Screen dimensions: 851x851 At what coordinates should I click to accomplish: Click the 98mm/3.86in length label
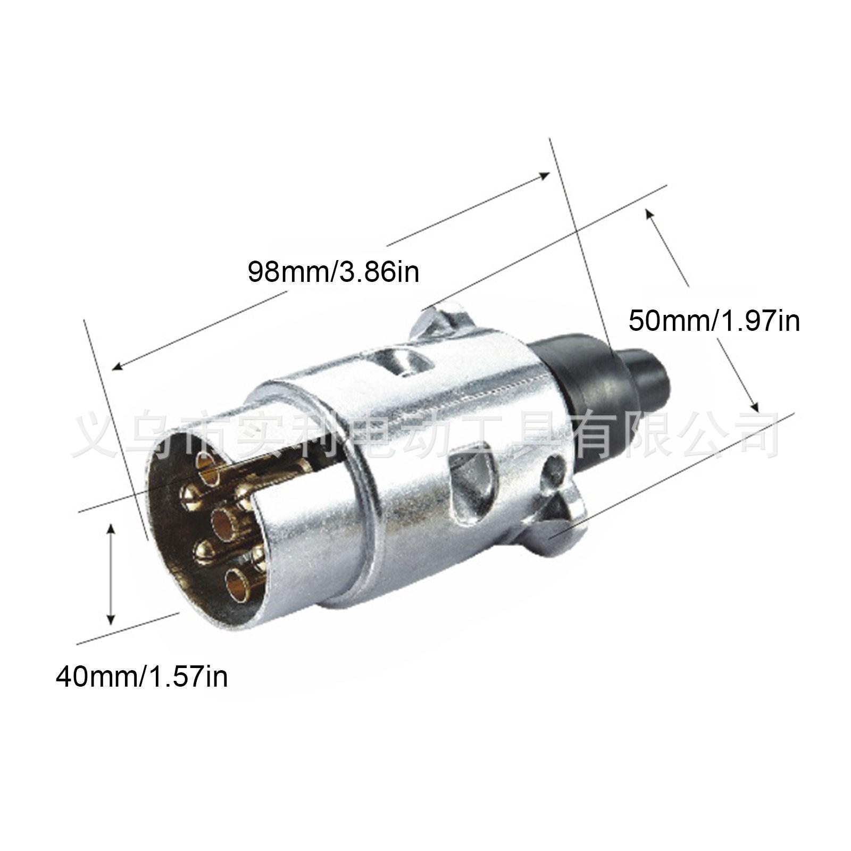333,272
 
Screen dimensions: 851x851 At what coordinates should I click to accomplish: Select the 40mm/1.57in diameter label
141,677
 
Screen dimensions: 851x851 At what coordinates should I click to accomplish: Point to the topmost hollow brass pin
209,466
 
